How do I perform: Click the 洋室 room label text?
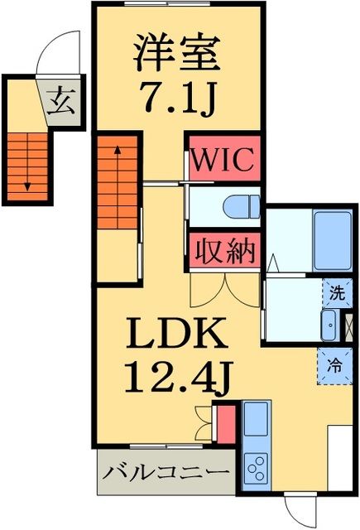click(177, 54)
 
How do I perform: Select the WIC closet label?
click(223, 160)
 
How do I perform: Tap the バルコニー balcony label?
click(166, 473)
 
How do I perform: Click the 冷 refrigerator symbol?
click(334, 362)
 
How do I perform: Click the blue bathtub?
click(332, 240)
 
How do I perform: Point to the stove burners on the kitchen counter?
click(256, 469)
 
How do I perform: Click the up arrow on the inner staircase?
click(118, 152)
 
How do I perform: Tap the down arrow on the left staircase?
click(27, 184)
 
